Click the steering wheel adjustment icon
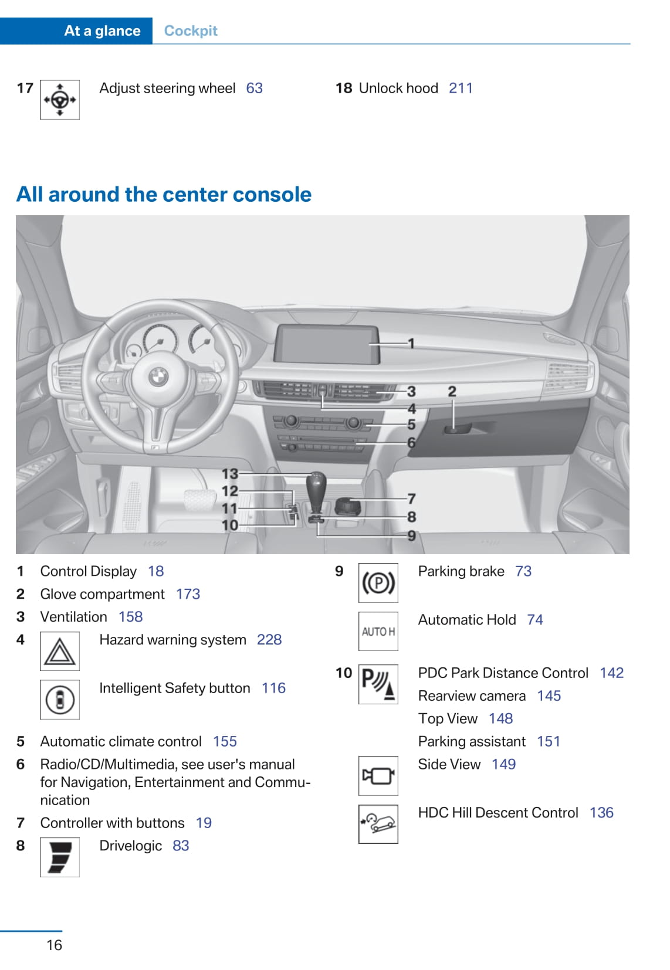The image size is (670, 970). pos(60,100)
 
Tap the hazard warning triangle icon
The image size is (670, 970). pos(60,651)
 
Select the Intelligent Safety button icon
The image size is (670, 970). pos(60,700)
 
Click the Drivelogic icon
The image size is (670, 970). pos(60,857)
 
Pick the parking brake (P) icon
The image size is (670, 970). pos(378,583)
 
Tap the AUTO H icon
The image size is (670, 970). pos(378,632)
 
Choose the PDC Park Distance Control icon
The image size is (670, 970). pos(378,684)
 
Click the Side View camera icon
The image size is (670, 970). pos(378,776)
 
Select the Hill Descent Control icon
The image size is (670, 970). pos(378,824)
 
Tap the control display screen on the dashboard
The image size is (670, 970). pos(327,344)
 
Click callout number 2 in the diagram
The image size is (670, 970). pos(452,392)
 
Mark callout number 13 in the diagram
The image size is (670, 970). pos(229,473)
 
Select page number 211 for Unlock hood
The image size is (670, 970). pos(461,89)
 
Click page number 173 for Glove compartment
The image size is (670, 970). pos(188,594)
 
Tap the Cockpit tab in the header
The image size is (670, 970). pos(191,31)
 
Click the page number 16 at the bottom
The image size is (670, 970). pos(54,945)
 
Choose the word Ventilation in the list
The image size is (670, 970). pos(74,617)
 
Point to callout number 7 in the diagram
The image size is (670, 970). pos(411,498)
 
